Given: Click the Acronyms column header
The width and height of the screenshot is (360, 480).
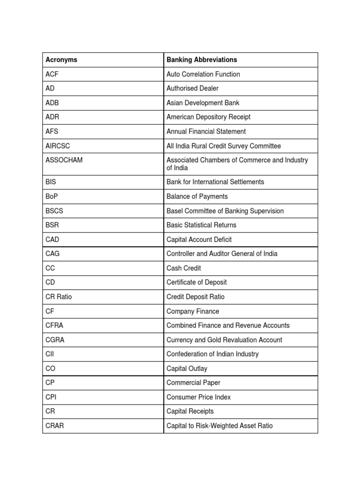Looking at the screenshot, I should pyautogui.click(x=61, y=60).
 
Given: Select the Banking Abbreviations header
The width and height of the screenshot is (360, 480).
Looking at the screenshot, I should pyautogui.click(x=202, y=60).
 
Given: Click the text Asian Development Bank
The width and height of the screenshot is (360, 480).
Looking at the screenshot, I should pyautogui.click(x=203, y=103).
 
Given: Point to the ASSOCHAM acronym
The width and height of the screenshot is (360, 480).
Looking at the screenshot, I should pyautogui.click(x=64, y=160).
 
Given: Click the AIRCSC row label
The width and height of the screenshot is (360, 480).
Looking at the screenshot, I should pyautogui.click(x=58, y=146).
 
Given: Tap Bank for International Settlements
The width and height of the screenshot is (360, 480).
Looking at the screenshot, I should pyautogui.click(x=215, y=182).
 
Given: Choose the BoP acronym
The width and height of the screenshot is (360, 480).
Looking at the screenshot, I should pyautogui.click(x=51, y=196).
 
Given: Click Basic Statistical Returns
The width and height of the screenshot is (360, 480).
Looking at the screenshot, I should pyautogui.click(x=202, y=225).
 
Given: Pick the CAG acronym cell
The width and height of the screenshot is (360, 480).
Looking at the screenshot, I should pyautogui.click(x=52, y=254).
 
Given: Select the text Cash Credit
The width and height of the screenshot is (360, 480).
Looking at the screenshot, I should pyautogui.click(x=184, y=268).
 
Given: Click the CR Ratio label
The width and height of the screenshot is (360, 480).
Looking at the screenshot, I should pyautogui.click(x=59, y=297).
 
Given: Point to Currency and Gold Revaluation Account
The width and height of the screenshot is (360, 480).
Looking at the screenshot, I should pyautogui.click(x=225, y=340).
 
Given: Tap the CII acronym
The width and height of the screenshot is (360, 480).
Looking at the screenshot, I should pyautogui.click(x=50, y=354).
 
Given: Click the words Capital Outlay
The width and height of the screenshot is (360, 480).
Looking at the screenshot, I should pyautogui.click(x=187, y=368).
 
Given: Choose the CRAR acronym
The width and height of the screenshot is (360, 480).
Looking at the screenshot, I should pyautogui.click(x=54, y=426).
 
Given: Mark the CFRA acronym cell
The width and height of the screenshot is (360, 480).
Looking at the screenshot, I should pyautogui.click(x=54, y=325).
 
